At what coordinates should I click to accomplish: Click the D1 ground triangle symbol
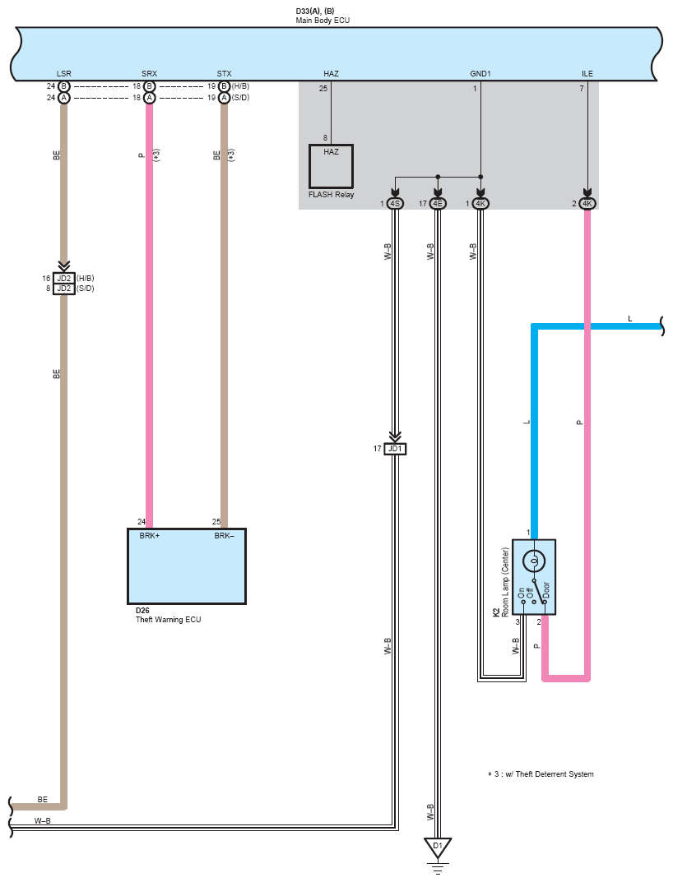438,847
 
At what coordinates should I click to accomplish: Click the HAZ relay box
331,167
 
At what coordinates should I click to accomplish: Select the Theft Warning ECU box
187,566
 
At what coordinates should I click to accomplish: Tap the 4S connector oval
396,204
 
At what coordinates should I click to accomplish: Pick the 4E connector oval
438,204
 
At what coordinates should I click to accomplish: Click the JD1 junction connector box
395,449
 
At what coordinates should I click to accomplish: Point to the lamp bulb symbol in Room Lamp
534,561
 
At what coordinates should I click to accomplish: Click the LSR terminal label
63,74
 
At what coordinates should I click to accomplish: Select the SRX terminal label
149,74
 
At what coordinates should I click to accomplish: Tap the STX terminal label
224,74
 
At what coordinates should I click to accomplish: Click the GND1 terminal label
480,74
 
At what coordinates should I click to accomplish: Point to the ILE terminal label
587,74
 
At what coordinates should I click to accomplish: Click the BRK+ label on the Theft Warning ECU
150,535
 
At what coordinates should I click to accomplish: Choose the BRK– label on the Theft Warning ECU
224,535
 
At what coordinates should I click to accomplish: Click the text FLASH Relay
331,195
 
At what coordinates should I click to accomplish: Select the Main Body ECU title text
323,21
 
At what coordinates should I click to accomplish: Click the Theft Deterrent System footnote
541,774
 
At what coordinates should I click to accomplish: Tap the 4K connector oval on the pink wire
587,204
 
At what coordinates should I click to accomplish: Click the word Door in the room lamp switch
545,589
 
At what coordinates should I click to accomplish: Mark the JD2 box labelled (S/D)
64,289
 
